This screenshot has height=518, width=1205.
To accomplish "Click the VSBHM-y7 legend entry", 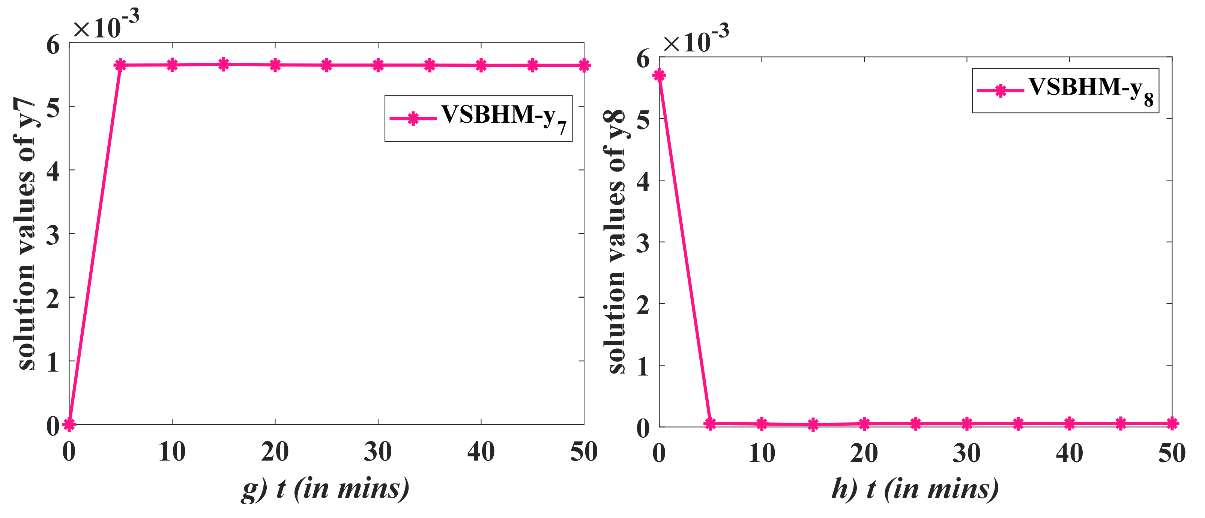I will click(x=478, y=118).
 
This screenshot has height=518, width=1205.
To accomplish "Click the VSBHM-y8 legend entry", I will click(x=1065, y=90).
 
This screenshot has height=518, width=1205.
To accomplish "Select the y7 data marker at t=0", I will click(x=69, y=424).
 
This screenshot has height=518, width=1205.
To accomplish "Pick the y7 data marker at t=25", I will click(x=326, y=65).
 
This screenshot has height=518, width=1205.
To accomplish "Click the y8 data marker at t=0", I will click(x=659, y=75).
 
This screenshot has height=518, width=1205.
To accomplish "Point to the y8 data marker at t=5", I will click(x=710, y=423).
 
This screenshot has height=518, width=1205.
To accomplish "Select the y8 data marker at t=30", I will click(x=967, y=424).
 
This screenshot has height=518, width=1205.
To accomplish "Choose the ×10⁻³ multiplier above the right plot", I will click(x=696, y=40).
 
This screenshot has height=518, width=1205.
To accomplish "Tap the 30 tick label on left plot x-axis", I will click(x=377, y=452).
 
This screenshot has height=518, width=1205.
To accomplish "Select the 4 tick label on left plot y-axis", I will click(x=53, y=171).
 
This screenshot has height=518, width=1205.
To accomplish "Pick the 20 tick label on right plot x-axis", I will click(x=864, y=453).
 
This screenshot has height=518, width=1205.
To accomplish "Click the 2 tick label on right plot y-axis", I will click(x=643, y=305).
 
